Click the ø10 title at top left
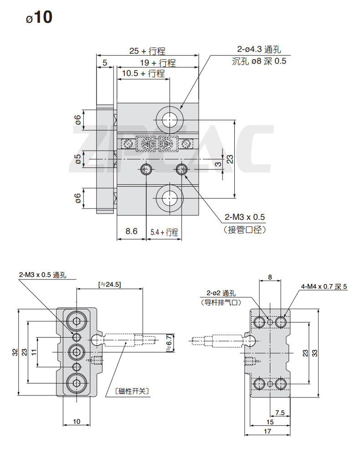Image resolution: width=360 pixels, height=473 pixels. tap(39, 17)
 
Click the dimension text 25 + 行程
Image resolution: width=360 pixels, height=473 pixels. tap(147, 51)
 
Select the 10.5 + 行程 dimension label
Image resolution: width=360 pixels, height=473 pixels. tap(144, 73)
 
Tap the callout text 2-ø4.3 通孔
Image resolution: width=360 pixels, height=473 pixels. tap(259, 49)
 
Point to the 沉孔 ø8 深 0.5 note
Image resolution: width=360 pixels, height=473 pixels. tap(259, 61)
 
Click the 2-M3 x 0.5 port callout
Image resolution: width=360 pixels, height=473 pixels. tap(245, 217)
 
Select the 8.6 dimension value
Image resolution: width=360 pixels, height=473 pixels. tap(131, 231)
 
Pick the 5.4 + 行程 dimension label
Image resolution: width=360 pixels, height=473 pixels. tap(165, 232)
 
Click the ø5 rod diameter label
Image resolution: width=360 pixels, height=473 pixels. tap(78, 159)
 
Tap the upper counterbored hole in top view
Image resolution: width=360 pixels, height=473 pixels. tap(170, 120)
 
